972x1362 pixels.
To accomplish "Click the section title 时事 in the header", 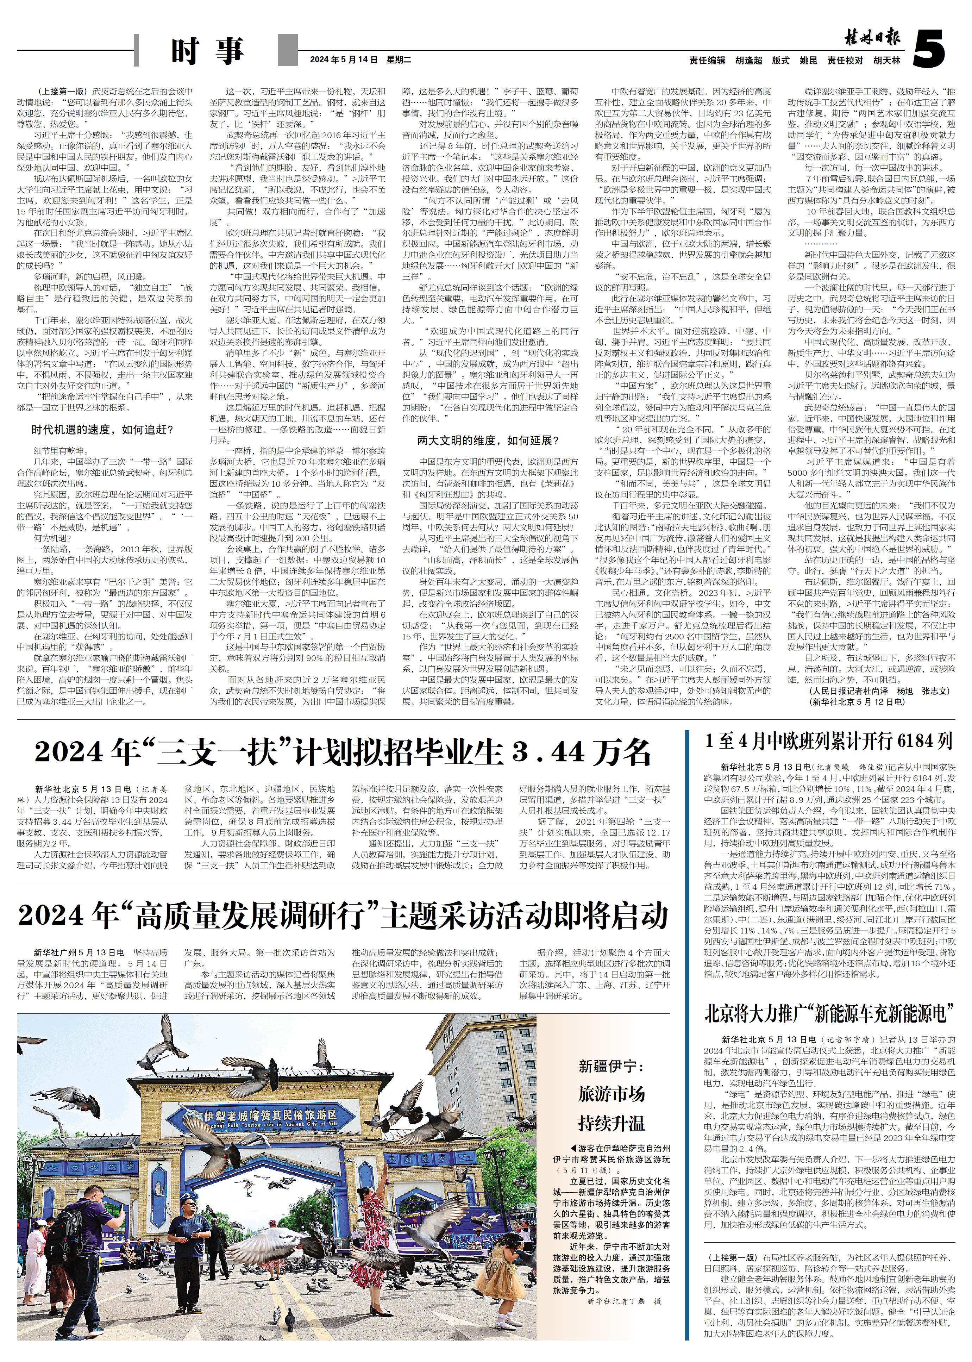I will click(x=207, y=51).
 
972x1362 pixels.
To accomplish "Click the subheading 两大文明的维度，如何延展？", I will click(x=488, y=441).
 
